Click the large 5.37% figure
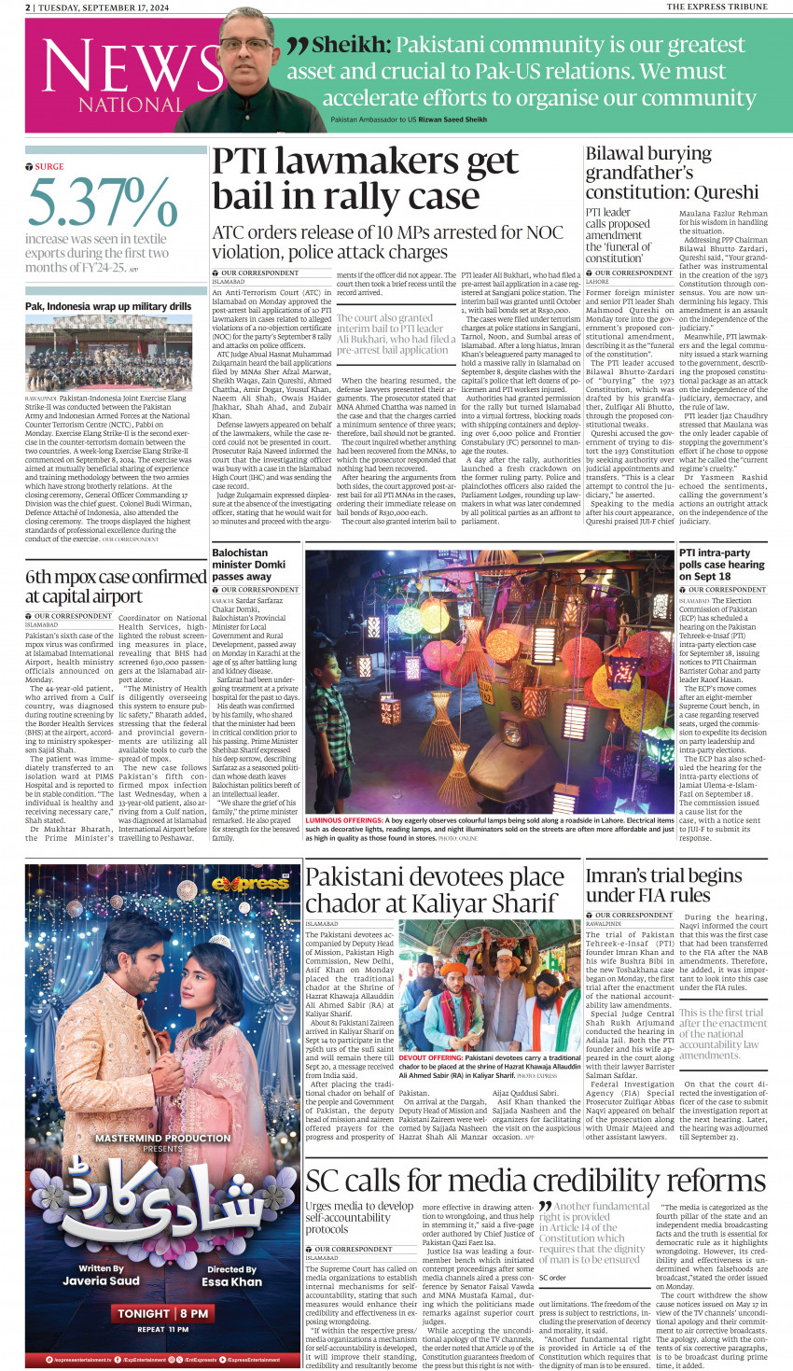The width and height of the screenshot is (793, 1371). [103, 203]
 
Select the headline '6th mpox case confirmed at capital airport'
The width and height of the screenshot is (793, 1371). [116, 586]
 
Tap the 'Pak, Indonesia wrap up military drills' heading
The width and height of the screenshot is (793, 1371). [108, 306]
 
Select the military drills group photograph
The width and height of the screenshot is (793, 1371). [108, 353]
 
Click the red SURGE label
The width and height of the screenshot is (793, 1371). [49, 167]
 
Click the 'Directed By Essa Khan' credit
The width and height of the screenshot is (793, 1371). [232, 1276]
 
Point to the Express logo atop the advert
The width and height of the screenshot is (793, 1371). [250, 883]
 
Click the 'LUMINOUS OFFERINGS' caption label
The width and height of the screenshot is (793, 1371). [344, 820]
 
